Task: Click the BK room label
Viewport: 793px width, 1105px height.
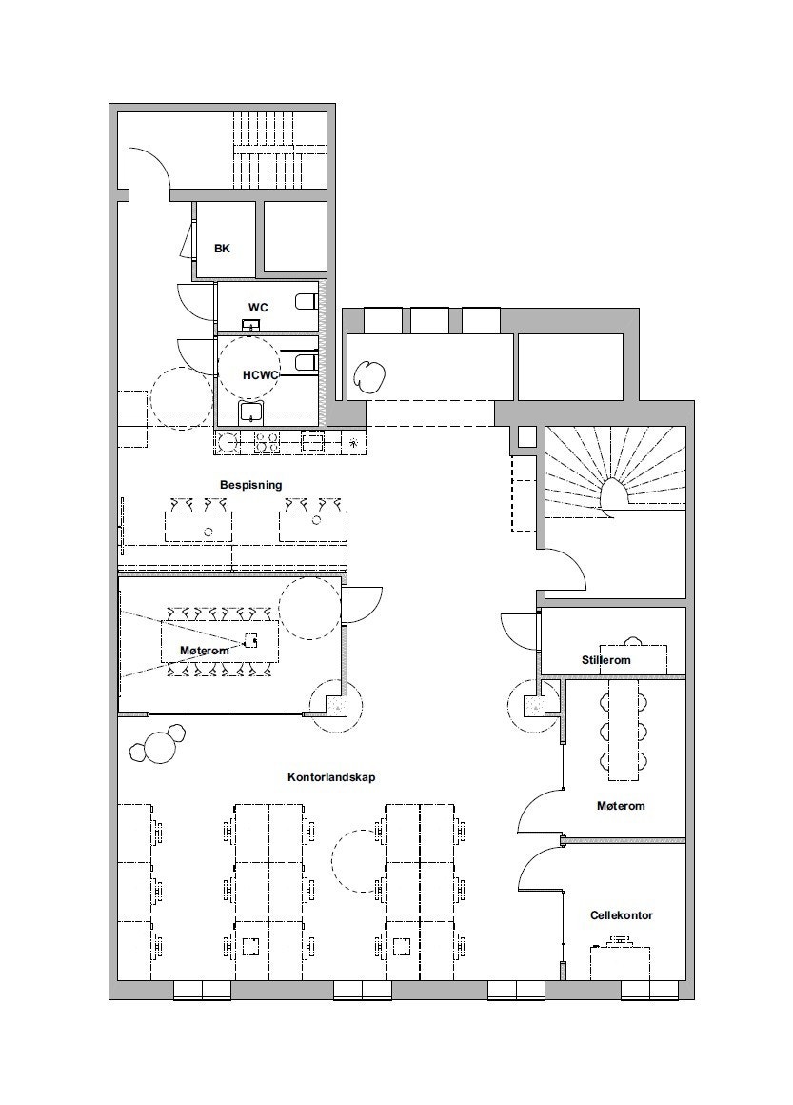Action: pos(222,249)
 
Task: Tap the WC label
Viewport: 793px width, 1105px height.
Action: pos(258,308)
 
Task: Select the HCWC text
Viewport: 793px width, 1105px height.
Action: pos(261,375)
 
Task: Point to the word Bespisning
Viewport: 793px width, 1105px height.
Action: pos(250,485)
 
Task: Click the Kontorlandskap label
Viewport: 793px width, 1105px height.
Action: pos(331,777)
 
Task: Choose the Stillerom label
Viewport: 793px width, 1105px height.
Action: pos(605,660)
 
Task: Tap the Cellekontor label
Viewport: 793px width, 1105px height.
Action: pos(621,915)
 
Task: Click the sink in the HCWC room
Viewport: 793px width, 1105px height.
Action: pos(251,412)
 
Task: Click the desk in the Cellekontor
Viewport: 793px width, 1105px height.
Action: pos(620,963)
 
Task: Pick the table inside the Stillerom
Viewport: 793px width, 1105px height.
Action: pos(632,657)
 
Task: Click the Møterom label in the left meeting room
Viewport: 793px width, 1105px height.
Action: pos(205,651)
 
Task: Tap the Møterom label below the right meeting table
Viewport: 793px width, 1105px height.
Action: pos(621,806)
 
